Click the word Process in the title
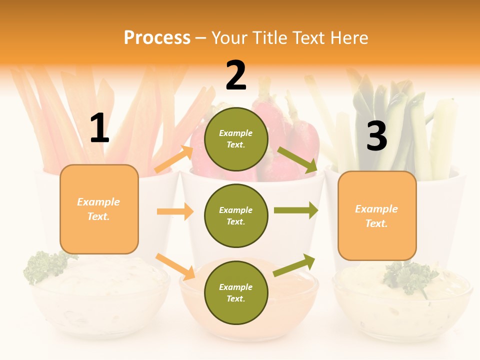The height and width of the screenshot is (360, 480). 157,37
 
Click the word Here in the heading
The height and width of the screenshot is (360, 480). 346,37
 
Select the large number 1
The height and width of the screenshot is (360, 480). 99,128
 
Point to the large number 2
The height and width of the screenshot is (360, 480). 236,75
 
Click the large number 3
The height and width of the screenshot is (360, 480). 376,136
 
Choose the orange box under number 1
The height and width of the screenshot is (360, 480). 99,209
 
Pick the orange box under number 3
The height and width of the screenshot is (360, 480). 377,216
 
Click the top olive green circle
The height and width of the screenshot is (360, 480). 236,139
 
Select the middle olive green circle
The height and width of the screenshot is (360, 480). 236,215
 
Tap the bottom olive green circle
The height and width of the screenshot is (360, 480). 236,292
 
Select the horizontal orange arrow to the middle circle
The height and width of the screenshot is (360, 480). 175,211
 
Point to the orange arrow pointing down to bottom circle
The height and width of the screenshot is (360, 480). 175,266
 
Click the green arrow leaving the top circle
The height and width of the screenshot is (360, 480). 297,159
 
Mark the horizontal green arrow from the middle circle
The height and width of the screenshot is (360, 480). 296,210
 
